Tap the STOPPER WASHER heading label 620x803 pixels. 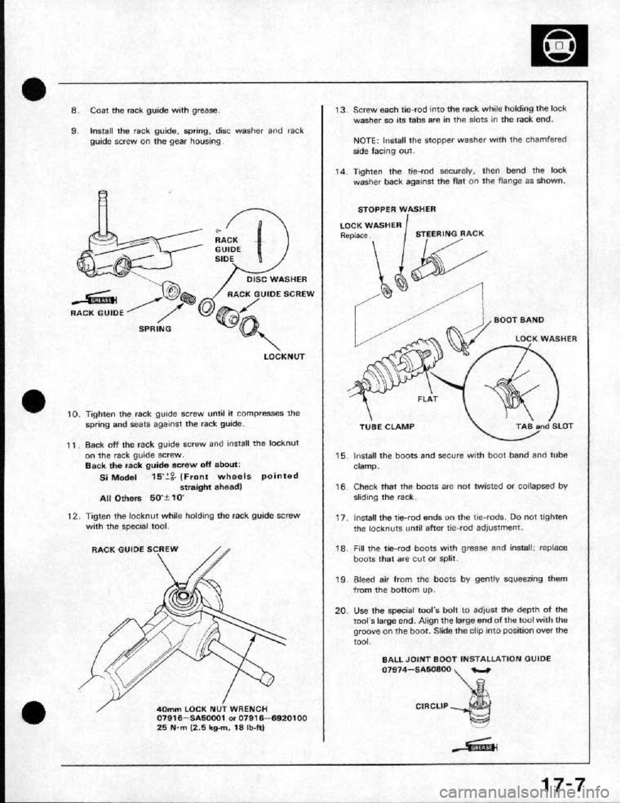point(393,208)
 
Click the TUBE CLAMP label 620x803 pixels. point(400,427)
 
